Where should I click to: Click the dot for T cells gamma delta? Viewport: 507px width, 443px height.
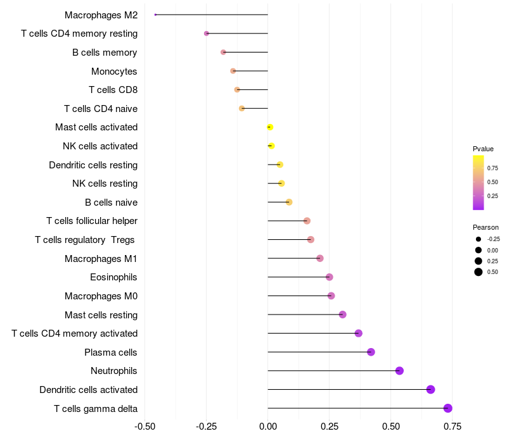click(x=448, y=408)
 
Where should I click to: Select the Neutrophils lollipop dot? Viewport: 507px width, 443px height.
click(x=399, y=371)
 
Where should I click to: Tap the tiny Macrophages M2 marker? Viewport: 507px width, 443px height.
click(x=155, y=15)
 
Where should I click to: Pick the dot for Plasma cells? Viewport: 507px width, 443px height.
click(x=371, y=352)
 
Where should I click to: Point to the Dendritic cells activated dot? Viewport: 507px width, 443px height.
click(x=431, y=389)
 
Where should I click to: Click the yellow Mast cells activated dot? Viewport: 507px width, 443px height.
click(x=270, y=127)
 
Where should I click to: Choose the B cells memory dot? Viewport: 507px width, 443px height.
click(x=223, y=52)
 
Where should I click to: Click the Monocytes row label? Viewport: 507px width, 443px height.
click(x=114, y=71)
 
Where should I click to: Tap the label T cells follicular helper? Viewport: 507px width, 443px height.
click(x=92, y=221)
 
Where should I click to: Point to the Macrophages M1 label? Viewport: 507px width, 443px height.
click(x=101, y=258)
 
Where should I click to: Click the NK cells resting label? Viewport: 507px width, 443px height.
click(x=105, y=184)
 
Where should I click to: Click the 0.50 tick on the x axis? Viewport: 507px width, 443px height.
click(x=391, y=427)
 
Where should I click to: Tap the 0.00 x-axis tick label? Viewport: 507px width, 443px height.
click(x=268, y=427)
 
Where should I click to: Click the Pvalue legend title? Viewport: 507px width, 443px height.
click(x=483, y=149)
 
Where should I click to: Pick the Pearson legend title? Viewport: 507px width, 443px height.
click(x=485, y=227)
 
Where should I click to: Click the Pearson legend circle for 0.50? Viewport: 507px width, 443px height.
click(x=478, y=272)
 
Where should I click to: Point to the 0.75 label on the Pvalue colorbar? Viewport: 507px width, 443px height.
click(x=492, y=168)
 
